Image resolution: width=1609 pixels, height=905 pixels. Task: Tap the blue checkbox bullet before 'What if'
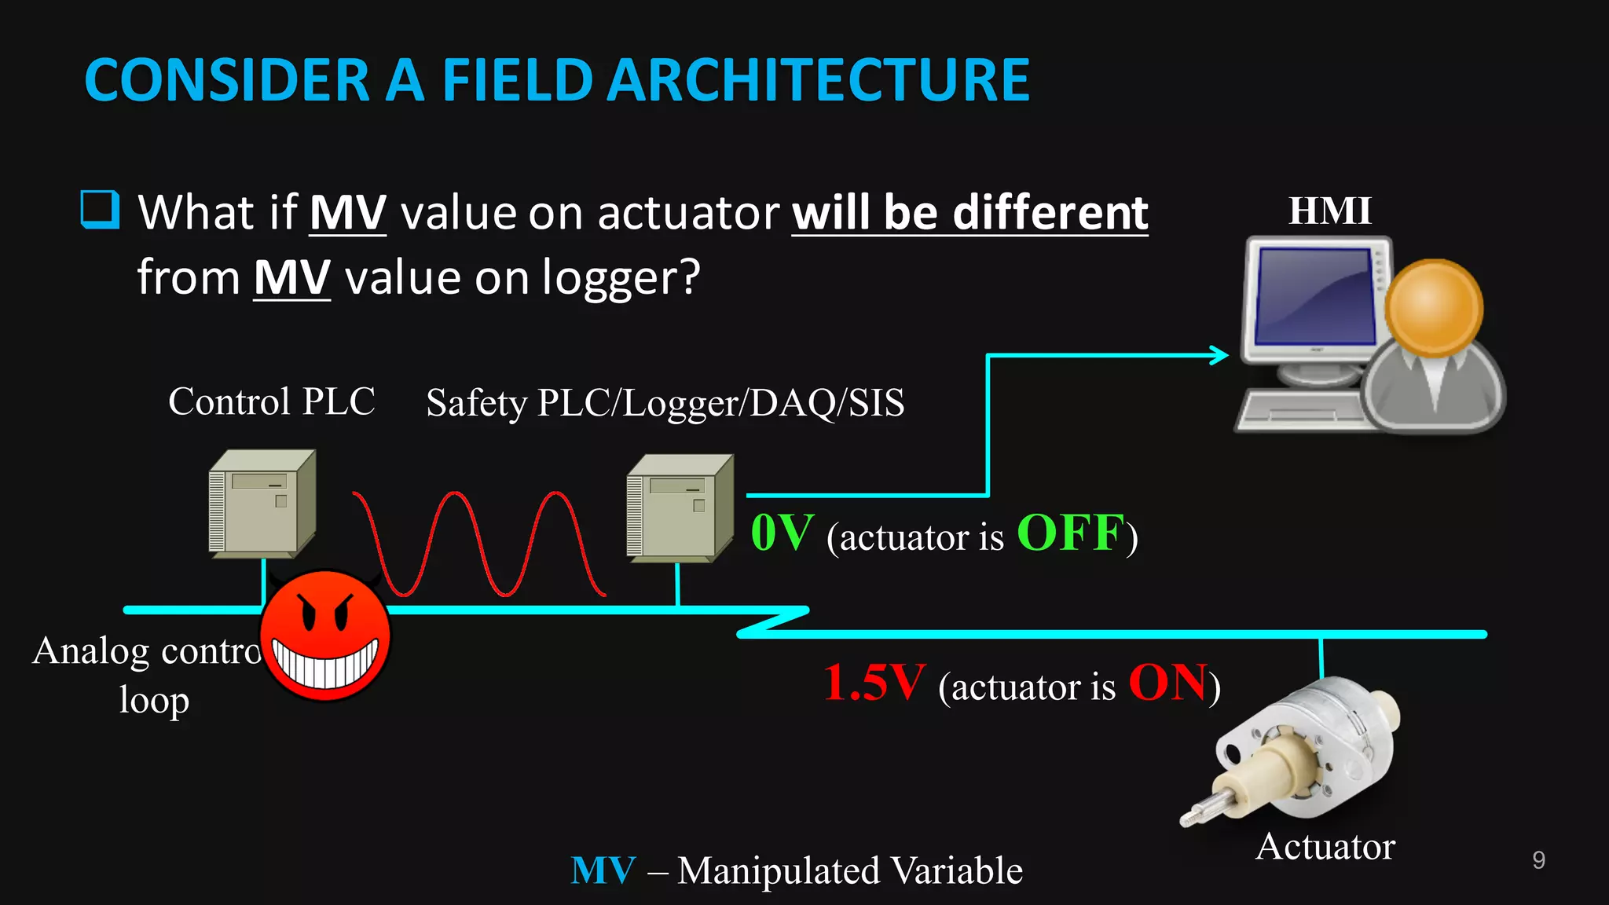pos(100,210)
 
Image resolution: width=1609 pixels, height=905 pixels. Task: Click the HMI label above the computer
pos(1329,211)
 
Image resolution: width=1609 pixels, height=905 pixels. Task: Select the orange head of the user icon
pos(1434,309)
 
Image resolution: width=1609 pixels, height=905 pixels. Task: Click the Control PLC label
pos(271,401)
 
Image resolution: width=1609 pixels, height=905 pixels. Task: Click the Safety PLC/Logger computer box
pos(680,508)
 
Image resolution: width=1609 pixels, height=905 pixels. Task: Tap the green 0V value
pos(781,533)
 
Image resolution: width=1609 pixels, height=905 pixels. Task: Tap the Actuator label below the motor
pos(1325,847)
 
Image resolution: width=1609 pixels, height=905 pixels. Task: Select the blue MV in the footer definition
pos(603,870)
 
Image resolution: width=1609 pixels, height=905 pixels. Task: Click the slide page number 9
pos(1538,860)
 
